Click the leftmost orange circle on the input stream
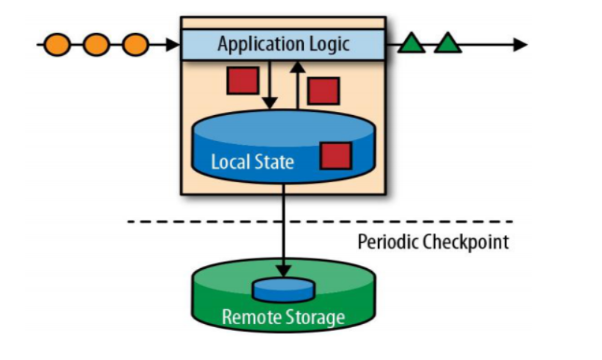tap(59, 45)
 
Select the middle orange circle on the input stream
tap(96, 45)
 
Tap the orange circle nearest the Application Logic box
tap(134, 45)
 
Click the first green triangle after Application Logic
tap(411, 44)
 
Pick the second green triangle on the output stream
tap(448, 44)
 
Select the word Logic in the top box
tap(326, 44)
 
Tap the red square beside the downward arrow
tap(243, 80)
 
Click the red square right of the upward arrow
tap(323, 90)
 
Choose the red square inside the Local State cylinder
tap(335, 156)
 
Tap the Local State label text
tap(252, 161)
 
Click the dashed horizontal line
tap(321, 222)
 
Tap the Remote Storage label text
tap(283, 317)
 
